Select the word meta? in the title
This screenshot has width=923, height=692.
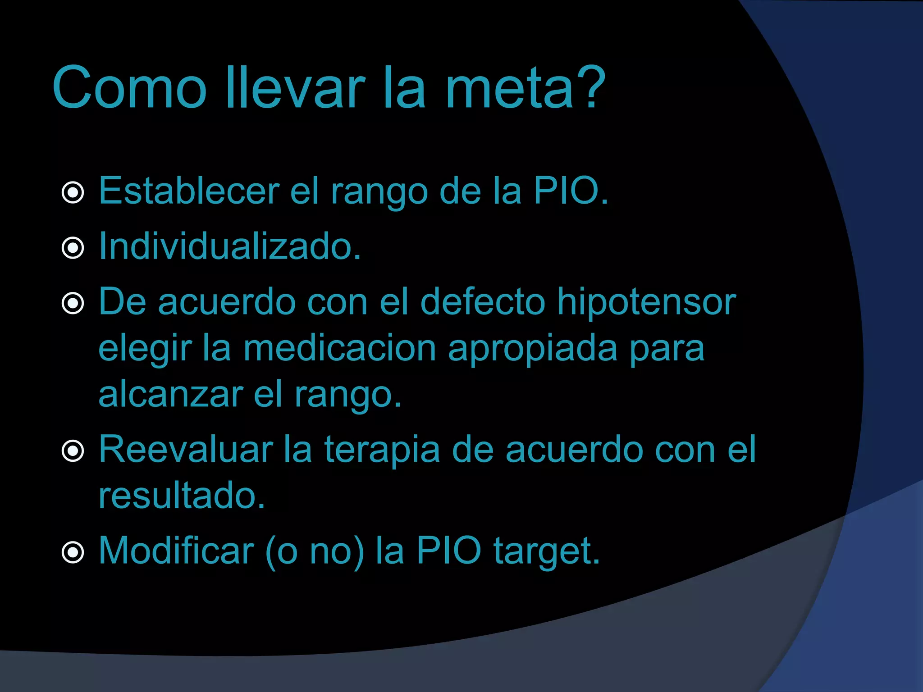click(525, 88)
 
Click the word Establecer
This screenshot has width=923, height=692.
click(189, 191)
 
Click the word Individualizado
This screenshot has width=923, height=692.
click(230, 246)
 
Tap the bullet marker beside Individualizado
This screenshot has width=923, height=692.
click(73, 248)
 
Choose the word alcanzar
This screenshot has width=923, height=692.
click(171, 394)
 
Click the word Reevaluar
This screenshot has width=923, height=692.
click(186, 449)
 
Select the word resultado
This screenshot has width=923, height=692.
click(182, 496)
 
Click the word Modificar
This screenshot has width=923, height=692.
click(176, 551)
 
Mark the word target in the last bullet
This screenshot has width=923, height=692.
click(547, 551)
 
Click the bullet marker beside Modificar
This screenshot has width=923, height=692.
click(73, 552)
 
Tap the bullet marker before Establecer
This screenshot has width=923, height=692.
click(73, 193)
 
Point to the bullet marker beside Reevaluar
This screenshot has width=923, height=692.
click(73, 451)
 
